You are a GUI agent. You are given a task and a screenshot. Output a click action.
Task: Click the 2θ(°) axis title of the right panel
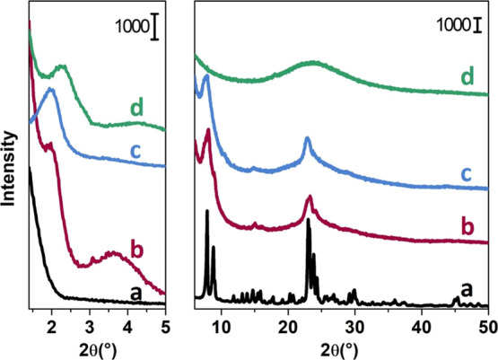[x=342, y=346]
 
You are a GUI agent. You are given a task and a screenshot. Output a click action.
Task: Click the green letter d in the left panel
[x=136, y=110]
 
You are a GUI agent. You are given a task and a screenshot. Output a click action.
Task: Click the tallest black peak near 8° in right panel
[x=207, y=212]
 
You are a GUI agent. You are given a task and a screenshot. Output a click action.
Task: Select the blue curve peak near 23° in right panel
[x=307, y=139]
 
